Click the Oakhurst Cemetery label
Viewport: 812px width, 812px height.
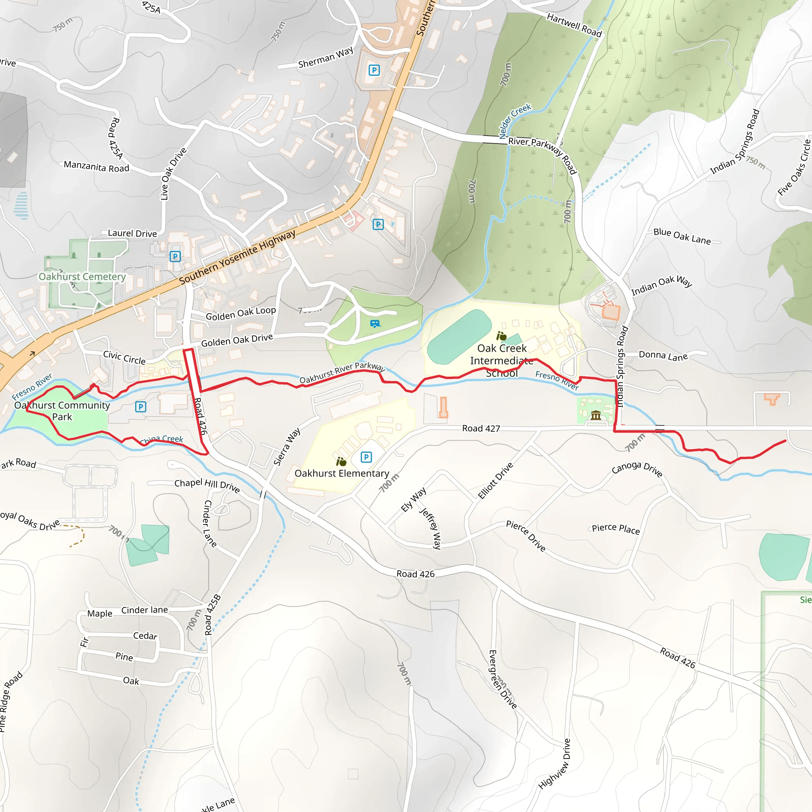[82, 277]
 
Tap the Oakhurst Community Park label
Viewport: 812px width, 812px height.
[62, 411]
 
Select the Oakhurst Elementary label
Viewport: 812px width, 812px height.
[342, 473]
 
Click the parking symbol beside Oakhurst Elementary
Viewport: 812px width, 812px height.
[366, 457]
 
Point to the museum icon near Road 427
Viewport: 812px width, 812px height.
[596, 416]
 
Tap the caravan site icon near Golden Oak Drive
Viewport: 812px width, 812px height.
[375, 324]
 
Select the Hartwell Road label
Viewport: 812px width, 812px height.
[574, 25]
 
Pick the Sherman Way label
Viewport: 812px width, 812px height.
[326, 58]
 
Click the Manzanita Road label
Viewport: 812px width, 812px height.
[96, 167]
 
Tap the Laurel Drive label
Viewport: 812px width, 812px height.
[132, 233]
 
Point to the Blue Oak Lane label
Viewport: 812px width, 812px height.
[682, 236]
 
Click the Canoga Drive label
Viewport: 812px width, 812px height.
[637, 469]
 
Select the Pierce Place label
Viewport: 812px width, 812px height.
[616, 529]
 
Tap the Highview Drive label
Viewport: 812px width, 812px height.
[555, 764]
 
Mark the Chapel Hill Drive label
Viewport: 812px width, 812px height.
[207, 485]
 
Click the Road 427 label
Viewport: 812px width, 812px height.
[481, 428]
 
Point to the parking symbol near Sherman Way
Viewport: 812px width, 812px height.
[374, 70]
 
